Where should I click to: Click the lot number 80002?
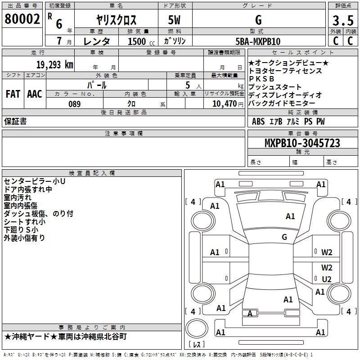[x=22, y=19]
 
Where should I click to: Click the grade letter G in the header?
[x=258, y=20]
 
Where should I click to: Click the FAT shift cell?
[x=13, y=94]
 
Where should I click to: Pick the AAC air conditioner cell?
[x=35, y=94]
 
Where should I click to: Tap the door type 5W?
[x=175, y=21]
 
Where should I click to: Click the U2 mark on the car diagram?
[x=327, y=279]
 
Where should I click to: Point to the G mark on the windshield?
[x=284, y=237]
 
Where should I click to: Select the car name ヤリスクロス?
[x=117, y=21]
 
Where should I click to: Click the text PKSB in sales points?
[x=262, y=79]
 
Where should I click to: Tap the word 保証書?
[x=15, y=121]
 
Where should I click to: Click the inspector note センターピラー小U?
[x=35, y=181]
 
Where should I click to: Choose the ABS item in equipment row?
[x=258, y=121]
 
